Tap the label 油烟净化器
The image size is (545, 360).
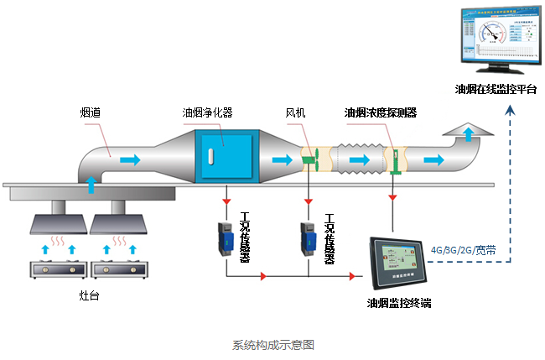point(207,112)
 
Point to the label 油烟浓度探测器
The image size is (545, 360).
point(381,112)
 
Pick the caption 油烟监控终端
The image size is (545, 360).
point(398,303)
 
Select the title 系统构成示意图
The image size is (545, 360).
point(272,344)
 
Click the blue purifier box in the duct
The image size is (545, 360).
point(224,157)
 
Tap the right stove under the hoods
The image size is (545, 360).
point(115,270)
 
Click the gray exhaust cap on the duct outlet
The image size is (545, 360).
point(468,132)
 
